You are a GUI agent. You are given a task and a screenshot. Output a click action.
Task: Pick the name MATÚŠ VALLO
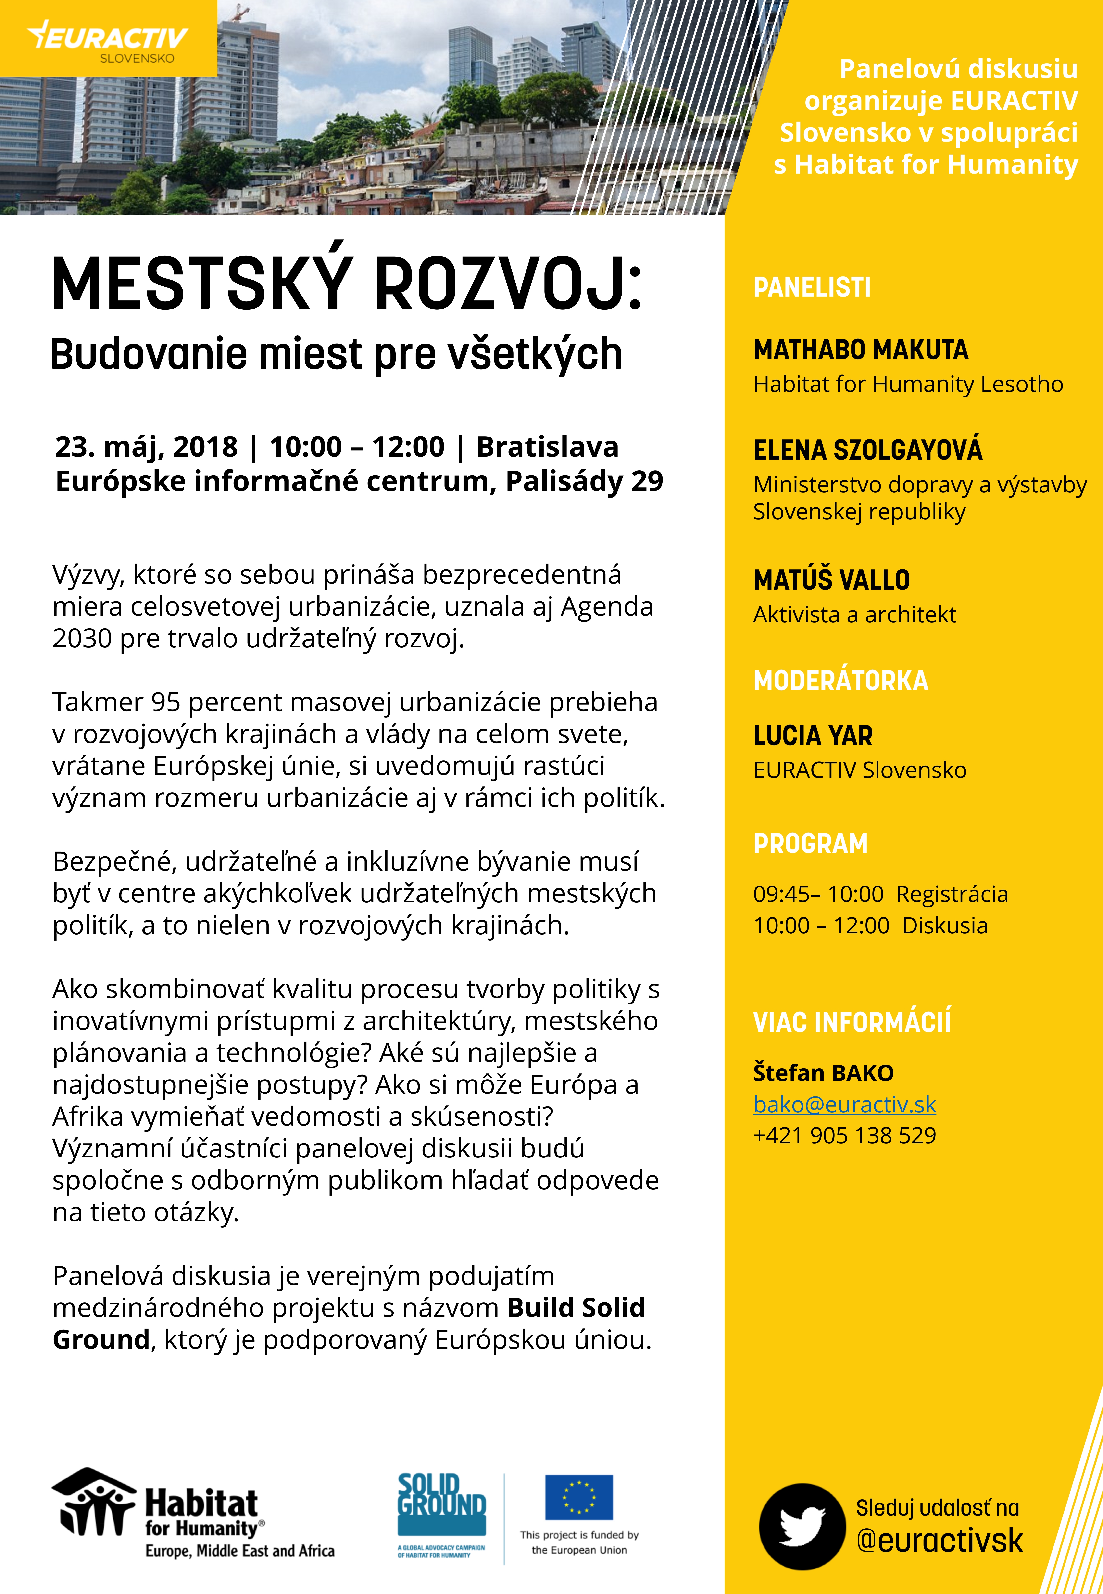pos(831,580)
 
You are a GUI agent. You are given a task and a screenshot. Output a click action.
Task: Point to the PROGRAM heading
pos(810,844)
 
